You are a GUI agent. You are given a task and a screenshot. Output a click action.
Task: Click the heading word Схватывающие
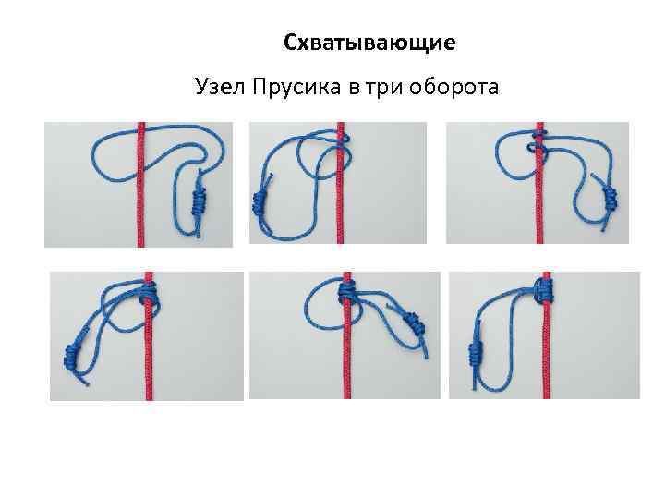(369, 43)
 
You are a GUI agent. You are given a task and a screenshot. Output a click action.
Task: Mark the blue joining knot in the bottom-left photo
(70, 354)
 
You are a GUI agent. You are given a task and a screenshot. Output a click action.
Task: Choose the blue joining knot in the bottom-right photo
(478, 348)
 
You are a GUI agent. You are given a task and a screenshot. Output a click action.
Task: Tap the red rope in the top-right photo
(540, 203)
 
